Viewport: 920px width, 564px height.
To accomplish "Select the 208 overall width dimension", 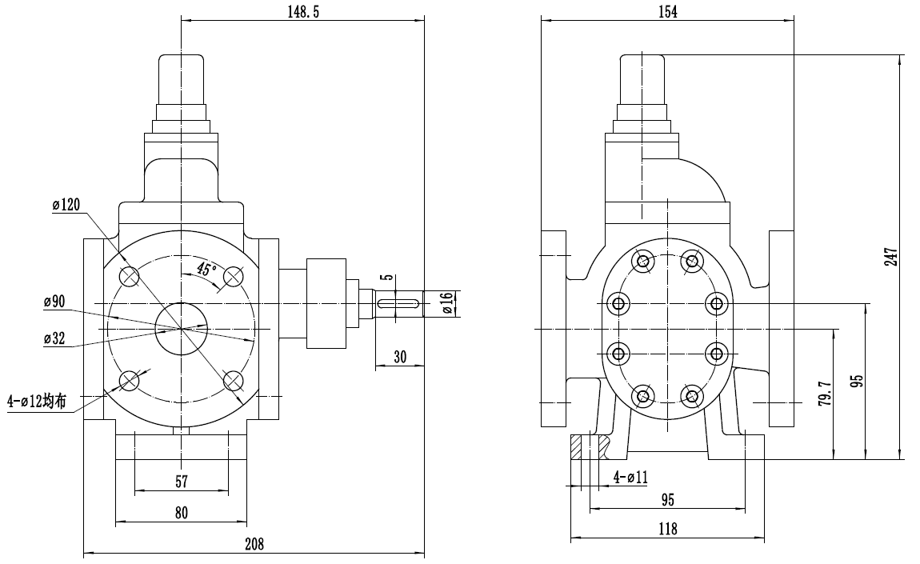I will click(x=254, y=544).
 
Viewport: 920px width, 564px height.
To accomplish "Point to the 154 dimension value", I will click(x=666, y=11).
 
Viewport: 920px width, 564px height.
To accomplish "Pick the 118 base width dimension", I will click(x=666, y=529).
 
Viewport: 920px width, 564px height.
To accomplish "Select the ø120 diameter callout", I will click(x=66, y=206).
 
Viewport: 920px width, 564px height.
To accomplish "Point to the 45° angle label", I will click(x=206, y=270).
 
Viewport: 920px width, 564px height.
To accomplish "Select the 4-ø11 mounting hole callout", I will click(x=630, y=478).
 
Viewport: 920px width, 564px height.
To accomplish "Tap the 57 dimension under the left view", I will click(x=182, y=482).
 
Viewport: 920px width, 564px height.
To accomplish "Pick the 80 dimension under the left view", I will click(x=181, y=513).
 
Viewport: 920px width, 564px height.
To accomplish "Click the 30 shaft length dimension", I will click(x=400, y=358).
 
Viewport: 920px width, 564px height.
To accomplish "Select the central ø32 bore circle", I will click(x=182, y=328).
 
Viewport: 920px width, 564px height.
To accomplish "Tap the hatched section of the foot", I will click(x=586, y=446).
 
